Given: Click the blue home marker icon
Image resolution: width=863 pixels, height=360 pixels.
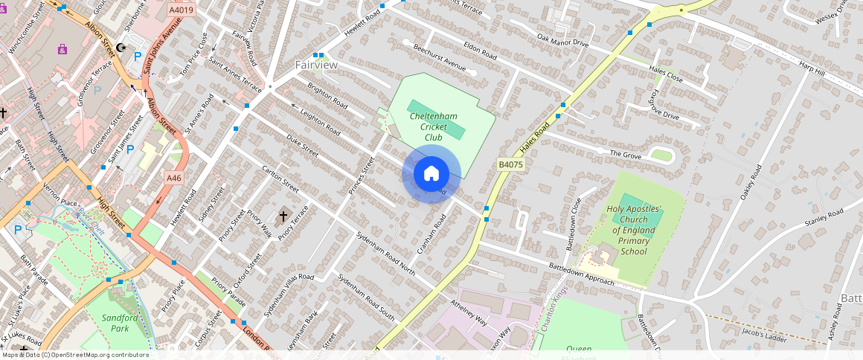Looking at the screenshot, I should tap(431, 174).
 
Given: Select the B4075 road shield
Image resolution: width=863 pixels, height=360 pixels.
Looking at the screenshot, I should tap(511, 164).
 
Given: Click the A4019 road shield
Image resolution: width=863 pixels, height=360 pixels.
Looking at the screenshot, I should tap(181, 10).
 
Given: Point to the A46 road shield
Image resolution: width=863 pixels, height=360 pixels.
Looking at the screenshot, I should tap(173, 178).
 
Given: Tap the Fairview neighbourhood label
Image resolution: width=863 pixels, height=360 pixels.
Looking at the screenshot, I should tap(316, 65).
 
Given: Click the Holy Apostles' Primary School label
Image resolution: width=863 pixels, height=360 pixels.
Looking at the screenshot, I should tap(634, 231).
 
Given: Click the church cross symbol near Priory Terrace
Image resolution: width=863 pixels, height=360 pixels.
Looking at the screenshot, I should tap(283, 217).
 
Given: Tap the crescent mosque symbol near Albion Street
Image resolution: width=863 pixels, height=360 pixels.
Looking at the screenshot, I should tap(121, 48).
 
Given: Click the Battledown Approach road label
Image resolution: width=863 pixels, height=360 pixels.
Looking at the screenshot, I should tap(582, 273).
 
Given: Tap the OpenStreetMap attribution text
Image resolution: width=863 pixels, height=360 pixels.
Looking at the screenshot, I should tap(75, 355).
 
